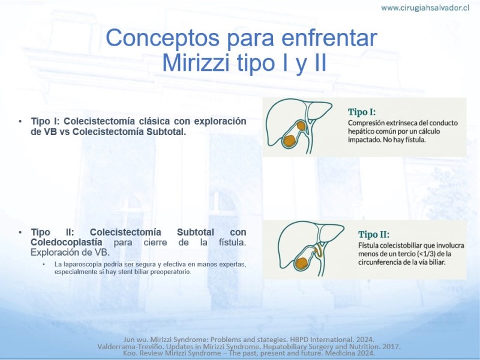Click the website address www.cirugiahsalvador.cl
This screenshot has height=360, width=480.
pos(425,8)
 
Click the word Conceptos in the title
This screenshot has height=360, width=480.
pos(163,38)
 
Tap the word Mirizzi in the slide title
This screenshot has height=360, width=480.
pos(196,62)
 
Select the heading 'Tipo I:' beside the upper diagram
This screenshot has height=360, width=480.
pos(362,112)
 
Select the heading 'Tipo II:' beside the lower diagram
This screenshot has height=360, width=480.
pos(374,235)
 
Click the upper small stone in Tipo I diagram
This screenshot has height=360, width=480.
pos(301,125)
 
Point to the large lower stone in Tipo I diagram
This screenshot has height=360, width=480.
pos(289,140)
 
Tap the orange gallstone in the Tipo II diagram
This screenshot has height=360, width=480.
pos(302,263)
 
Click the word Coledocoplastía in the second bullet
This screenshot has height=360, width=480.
pos(67,242)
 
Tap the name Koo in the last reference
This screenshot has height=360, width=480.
pos(129,353)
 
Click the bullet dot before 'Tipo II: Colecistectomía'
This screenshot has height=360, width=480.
pos(20,232)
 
